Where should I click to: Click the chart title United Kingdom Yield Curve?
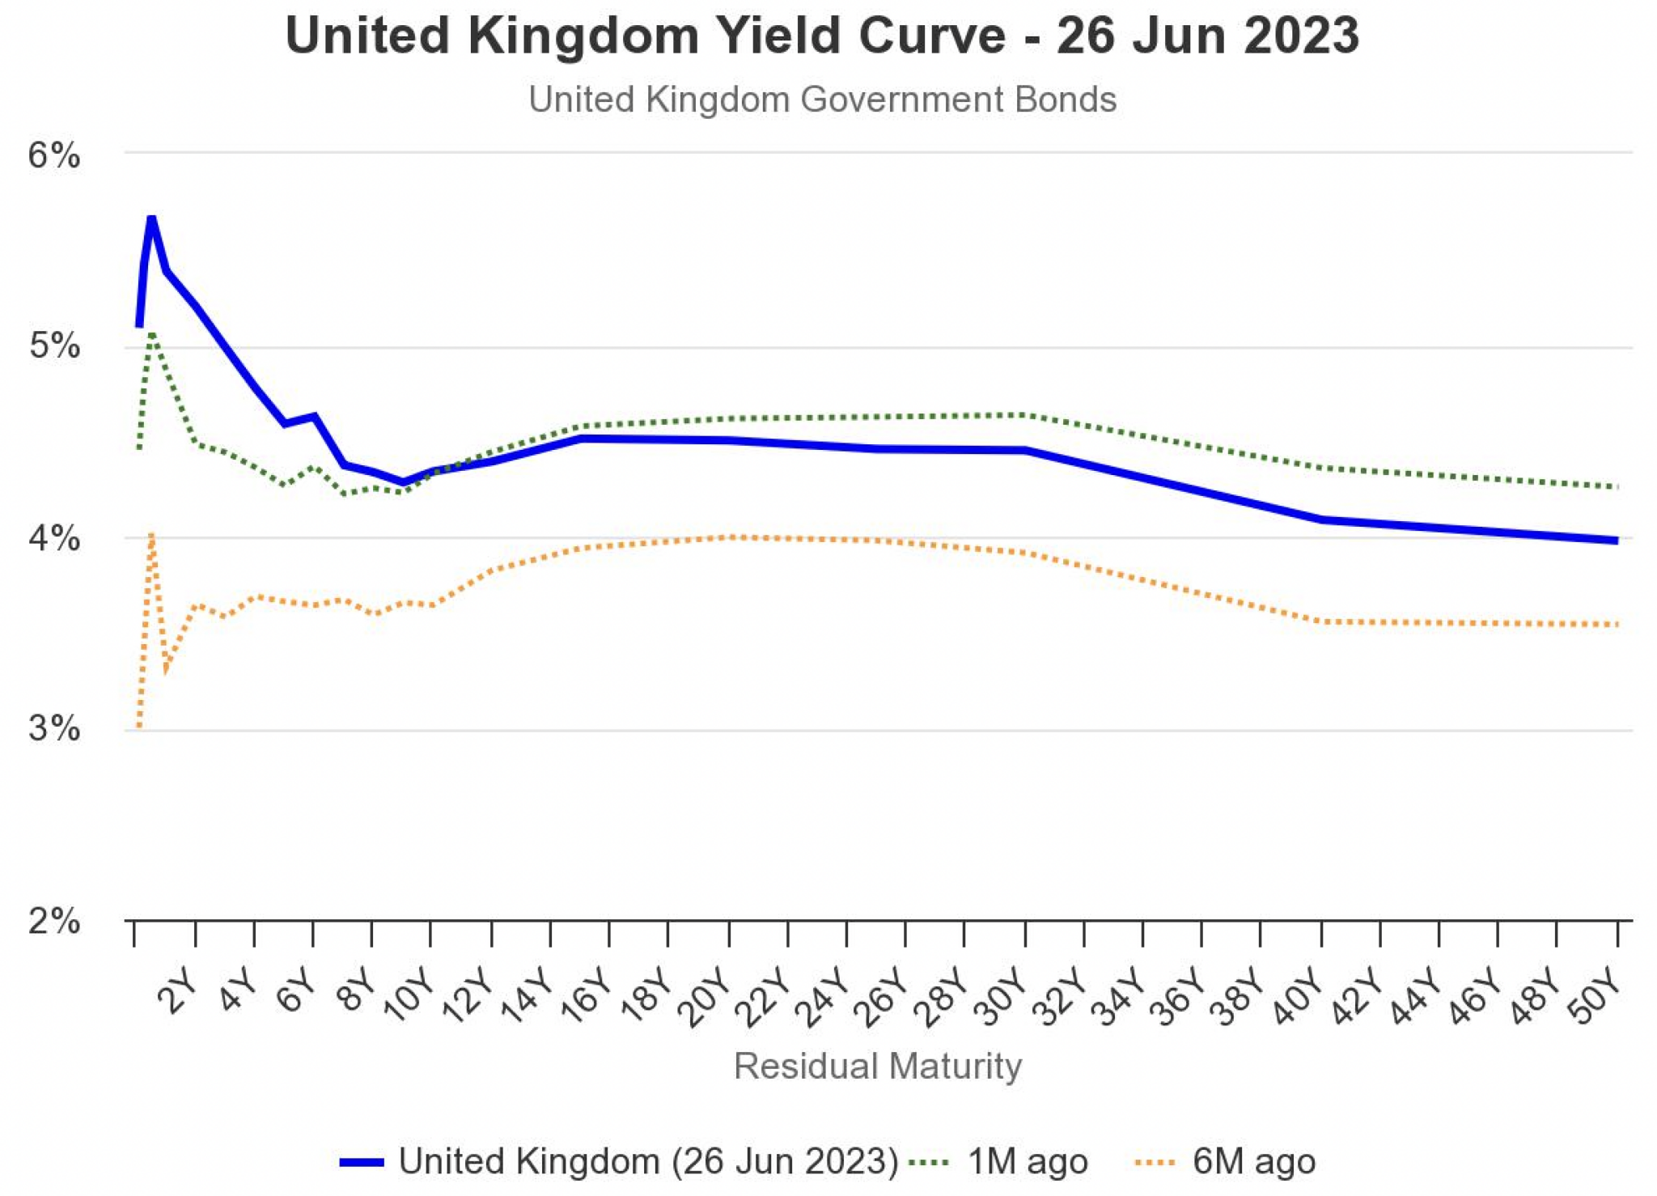pyautogui.click(x=822, y=36)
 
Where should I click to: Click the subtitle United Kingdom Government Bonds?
pyautogui.click(x=822, y=100)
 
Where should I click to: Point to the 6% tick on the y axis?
pyautogui.click(x=54, y=155)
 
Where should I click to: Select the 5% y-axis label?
pyautogui.click(x=54, y=346)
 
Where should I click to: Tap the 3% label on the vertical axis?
pyautogui.click(x=54, y=728)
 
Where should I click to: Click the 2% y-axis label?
pyautogui.click(x=54, y=920)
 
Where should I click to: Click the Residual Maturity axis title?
pyautogui.click(x=878, y=1066)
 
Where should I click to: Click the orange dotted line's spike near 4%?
pyautogui.click(x=151, y=535)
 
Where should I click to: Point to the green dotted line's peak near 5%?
pyautogui.click(x=151, y=333)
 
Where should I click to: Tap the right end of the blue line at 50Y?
pyautogui.click(x=1616, y=541)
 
